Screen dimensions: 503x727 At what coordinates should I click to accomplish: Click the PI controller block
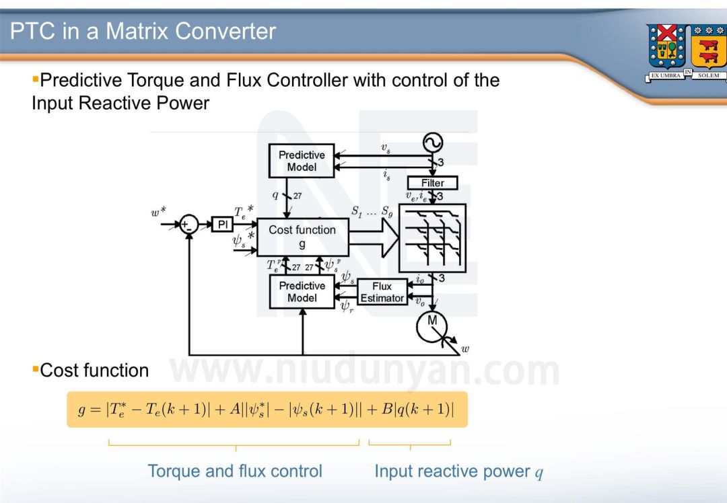pyautogui.click(x=222, y=225)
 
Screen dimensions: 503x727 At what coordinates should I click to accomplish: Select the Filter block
pyautogui.click(x=432, y=183)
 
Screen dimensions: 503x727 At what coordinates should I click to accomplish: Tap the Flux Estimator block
pyautogui.click(x=382, y=292)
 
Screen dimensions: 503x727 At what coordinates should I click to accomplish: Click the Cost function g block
pyautogui.click(x=302, y=237)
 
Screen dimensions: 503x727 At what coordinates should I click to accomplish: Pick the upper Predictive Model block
pyautogui.click(x=301, y=161)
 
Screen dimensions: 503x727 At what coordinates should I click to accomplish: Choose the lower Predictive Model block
pyautogui.click(x=301, y=292)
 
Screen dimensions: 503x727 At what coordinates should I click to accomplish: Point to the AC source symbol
pyautogui.click(x=432, y=143)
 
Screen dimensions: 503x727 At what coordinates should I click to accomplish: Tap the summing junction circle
pyautogui.click(x=189, y=225)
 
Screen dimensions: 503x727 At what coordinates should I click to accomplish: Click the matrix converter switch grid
pyautogui.click(x=431, y=237)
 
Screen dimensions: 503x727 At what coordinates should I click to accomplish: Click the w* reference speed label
pyautogui.click(x=159, y=214)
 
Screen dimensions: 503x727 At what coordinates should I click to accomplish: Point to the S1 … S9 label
pyautogui.click(x=372, y=210)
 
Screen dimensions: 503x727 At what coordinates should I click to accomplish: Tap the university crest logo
pyautogui.click(x=686, y=52)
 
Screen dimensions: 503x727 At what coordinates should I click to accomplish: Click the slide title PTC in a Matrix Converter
pyautogui.click(x=143, y=31)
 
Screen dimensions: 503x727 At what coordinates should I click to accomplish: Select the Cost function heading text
pyautogui.click(x=94, y=371)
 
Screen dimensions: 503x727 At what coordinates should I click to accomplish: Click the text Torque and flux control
pyautogui.click(x=235, y=471)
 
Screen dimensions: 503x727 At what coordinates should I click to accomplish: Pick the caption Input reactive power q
pyautogui.click(x=458, y=471)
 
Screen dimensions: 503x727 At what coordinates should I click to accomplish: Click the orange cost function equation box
pyautogui.click(x=267, y=410)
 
